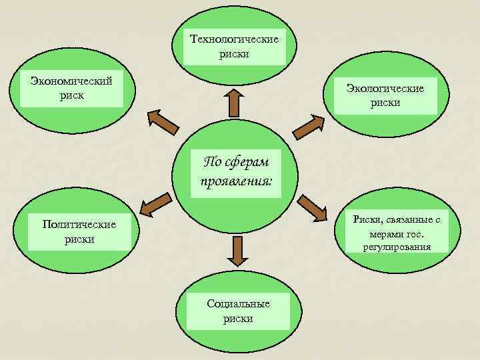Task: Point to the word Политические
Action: tap(79, 225)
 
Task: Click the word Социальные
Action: tap(238, 303)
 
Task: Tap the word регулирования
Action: tap(397, 247)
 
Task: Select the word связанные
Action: tap(409, 220)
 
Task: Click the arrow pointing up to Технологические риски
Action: tap(235, 102)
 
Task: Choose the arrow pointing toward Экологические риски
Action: tap(308, 125)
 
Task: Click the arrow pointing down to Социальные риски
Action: tap(235, 251)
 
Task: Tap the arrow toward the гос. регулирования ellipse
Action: tap(313, 207)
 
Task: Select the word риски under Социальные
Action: tap(238, 318)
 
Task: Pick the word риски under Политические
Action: tap(79, 239)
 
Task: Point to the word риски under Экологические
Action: tap(387, 102)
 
